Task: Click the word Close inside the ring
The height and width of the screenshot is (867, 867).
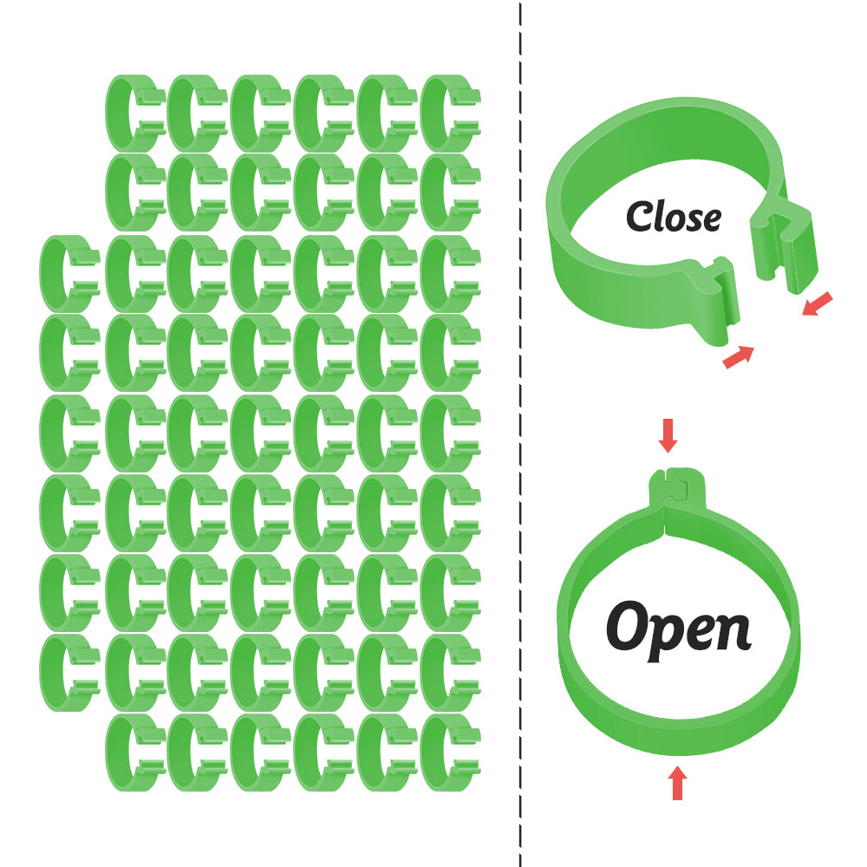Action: pyautogui.click(x=673, y=217)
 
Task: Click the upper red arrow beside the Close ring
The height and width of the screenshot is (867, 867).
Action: pyautogui.click(x=818, y=303)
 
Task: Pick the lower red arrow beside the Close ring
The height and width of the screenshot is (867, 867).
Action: pyautogui.click(x=738, y=356)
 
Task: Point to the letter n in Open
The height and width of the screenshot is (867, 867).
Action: pyautogui.click(x=733, y=632)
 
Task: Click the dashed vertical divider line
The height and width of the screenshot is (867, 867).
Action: pyautogui.click(x=520, y=433)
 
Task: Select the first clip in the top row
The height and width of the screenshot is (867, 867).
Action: pyautogui.click(x=134, y=114)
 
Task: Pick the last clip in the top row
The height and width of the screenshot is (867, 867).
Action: pyautogui.click(x=449, y=114)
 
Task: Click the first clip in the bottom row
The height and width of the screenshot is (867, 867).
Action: pyautogui.click(x=134, y=753)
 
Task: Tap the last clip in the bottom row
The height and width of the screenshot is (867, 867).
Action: pyautogui.click(x=449, y=753)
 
